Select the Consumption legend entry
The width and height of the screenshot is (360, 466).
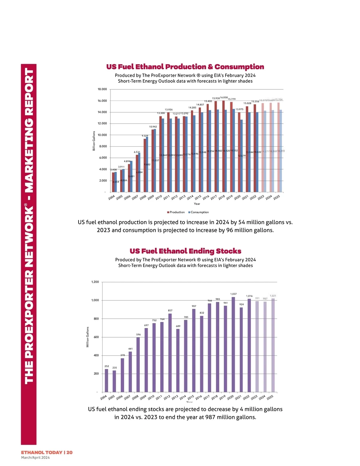198,212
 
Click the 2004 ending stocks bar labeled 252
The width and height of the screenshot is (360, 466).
106,380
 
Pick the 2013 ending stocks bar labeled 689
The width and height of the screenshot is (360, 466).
178,360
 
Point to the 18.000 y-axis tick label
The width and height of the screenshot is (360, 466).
102,89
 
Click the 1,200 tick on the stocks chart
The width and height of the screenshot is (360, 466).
95,282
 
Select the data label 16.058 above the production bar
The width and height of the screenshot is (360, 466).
224,98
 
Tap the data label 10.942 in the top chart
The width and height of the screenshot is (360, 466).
153,127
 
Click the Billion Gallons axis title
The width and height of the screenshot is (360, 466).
94,141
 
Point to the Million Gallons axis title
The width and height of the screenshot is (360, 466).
88,337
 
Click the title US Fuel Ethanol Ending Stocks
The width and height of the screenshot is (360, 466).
185,251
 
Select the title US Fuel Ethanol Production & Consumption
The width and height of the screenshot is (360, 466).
185,67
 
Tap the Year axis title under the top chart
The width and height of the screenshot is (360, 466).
197,204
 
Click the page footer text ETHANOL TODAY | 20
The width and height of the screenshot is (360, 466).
47,452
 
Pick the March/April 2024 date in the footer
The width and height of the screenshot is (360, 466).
35,458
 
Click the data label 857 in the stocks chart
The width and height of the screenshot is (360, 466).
170,311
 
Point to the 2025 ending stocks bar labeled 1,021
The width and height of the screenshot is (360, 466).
273,345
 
